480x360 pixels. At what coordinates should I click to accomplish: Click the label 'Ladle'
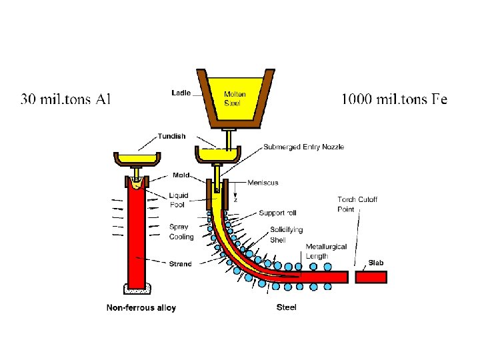pyautogui.click(x=180, y=93)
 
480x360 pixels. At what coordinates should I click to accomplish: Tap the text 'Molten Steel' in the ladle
pyautogui.click(x=235, y=98)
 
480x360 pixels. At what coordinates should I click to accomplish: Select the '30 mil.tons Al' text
pyautogui.click(x=66, y=99)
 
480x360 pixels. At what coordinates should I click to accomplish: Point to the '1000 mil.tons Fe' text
pyautogui.click(x=394, y=99)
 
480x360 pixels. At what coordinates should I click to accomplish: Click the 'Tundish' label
pyautogui.click(x=172, y=137)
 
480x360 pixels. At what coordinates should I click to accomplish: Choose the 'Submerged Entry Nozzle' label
pyautogui.click(x=303, y=147)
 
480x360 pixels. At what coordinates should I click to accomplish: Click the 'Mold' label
pyautogui.click(x=181, y=175)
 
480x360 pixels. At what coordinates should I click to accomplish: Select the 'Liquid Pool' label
pyautogui.click(x=178, y=200)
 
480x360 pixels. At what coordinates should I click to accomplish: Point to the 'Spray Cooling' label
pyautogui.click(x=181, y=232)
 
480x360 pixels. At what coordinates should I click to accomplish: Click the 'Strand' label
pyautogui.click(x=180, y=264)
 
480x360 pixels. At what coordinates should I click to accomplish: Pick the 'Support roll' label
pyautogui.click(x=277, y=213)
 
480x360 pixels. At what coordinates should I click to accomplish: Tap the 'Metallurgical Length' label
pyautogui.click(x=326, y=251)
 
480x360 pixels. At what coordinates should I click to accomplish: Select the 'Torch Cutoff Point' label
pyautogui.click(x=357, y=204)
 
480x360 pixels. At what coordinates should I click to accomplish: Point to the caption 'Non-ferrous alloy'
pyautogui.click(x=141, y=307)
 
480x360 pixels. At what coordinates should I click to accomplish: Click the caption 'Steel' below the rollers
pyautogui.click(x=286, y=307)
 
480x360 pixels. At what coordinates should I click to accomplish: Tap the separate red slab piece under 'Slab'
pyautogui.click(x=371, y=276)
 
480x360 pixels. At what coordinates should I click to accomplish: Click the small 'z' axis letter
pyautogui.click(x=235, y=199)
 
